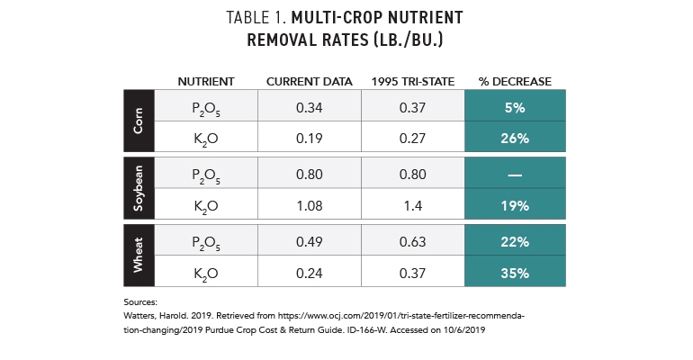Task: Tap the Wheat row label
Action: [x=138, y=255]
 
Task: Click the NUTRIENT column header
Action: [x=207, y=82]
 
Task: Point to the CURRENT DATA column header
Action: [x=308, y=82]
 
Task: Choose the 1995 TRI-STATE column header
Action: [x=412, y=82]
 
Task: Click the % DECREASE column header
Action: [x=515, y=82]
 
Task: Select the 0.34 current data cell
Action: [x=309, y=107]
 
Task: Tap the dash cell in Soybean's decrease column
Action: [x=515, y=175]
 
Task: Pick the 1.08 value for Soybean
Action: [x=309, y=206]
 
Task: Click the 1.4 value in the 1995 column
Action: [x=412, y=206]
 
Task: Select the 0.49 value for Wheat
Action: [x=309, y=240]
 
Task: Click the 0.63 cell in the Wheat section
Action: [x=412, y=240]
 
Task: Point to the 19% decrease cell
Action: [x=515, y=206]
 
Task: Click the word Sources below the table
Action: [x=140, y=303]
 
